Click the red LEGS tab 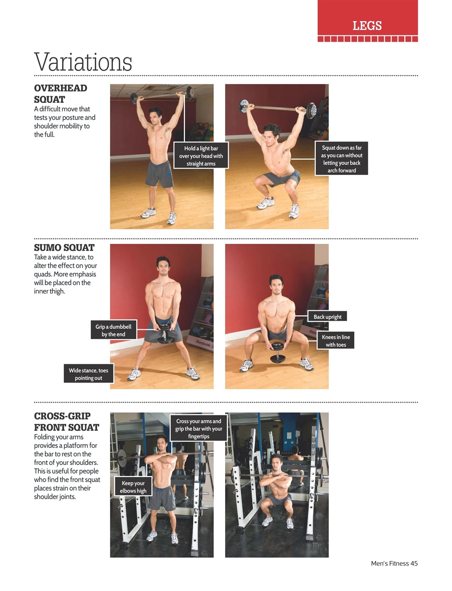tap(367, 25)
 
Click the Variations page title tap(83, 62)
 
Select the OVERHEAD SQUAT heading tap(61, 94)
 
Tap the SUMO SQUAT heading tap(64, 247)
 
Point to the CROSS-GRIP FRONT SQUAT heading tap(67, 422)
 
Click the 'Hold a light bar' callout tap(201, 156)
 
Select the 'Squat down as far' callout tap(342, 159)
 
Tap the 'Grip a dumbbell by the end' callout tap(114, 330)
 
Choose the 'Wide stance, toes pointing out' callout tap(88, 374)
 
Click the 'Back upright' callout tap(327, 317)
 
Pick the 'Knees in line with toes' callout tap(336, 341)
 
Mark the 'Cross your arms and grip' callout tap(199, 428)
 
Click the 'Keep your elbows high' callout tap(133, 487)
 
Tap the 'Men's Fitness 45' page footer tap(394, 563)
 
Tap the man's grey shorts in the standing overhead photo tap(159, 174)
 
